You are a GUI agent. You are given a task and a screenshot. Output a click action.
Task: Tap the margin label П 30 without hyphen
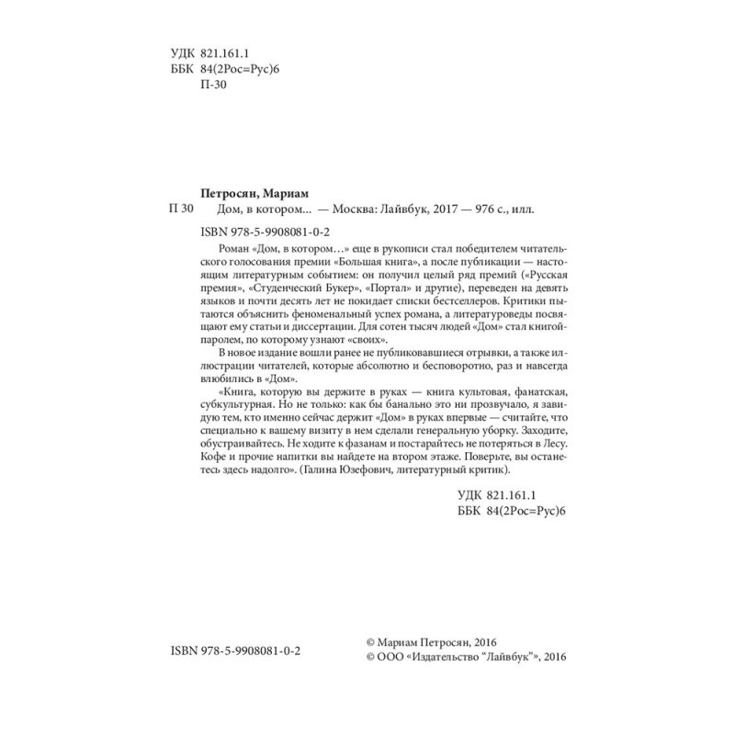click(178, 209)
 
